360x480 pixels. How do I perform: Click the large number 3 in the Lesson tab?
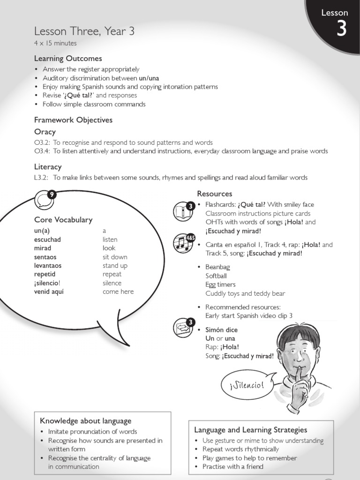pos(342,30)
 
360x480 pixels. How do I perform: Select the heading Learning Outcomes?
pos(68,59)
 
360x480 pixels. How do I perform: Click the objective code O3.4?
pos(42,151)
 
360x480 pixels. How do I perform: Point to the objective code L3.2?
pos(42,178)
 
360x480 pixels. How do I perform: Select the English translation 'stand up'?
pos(115,266)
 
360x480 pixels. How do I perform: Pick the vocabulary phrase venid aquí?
pos(49,292)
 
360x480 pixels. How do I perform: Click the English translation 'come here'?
pos(118,292)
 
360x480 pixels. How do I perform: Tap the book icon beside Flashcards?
pos(183,211)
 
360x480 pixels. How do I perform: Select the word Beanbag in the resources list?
pos(217,267)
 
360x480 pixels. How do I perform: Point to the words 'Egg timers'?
pos(220,285)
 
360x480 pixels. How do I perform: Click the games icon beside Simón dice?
pos(183,327)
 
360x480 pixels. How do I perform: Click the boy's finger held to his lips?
pos(300,375)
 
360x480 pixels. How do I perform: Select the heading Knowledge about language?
pos(85,421)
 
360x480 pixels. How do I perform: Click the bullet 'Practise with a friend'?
pos(232,466)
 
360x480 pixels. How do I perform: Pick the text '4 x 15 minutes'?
pos(55,43)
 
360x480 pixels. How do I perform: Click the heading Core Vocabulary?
pos(63,219)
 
